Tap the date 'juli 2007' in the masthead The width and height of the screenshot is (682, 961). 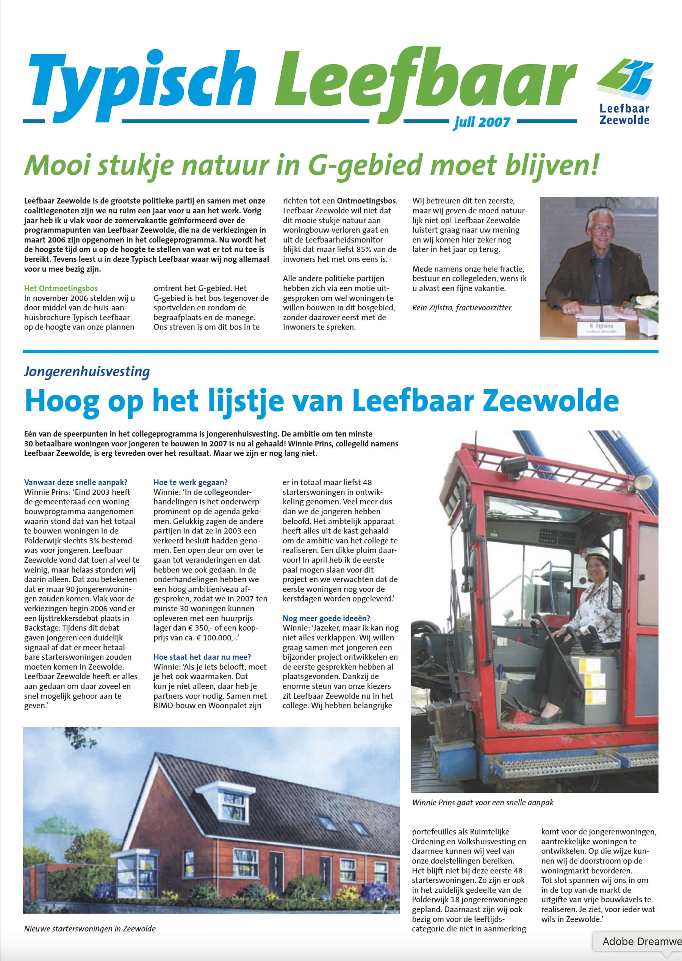click(x=482, y=122)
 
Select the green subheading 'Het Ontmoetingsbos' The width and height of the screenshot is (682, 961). click(x=61, y=288)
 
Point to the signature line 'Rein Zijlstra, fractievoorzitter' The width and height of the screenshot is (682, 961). click(x=461, y=307)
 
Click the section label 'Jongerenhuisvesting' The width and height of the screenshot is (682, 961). click(x=87, y=372)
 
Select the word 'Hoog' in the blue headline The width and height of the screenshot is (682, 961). click(x=62, y=401)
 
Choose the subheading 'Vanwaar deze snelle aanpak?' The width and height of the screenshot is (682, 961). click(x=76, y=482)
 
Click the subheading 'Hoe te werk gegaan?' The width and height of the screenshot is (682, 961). click(x=190, y=482)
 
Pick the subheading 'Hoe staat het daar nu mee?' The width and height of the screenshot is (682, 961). click(x=202, y=657)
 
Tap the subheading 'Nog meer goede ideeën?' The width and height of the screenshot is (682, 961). click(x=326, y=618)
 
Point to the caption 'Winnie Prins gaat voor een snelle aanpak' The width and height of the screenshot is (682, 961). click(x=483, y=803)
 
